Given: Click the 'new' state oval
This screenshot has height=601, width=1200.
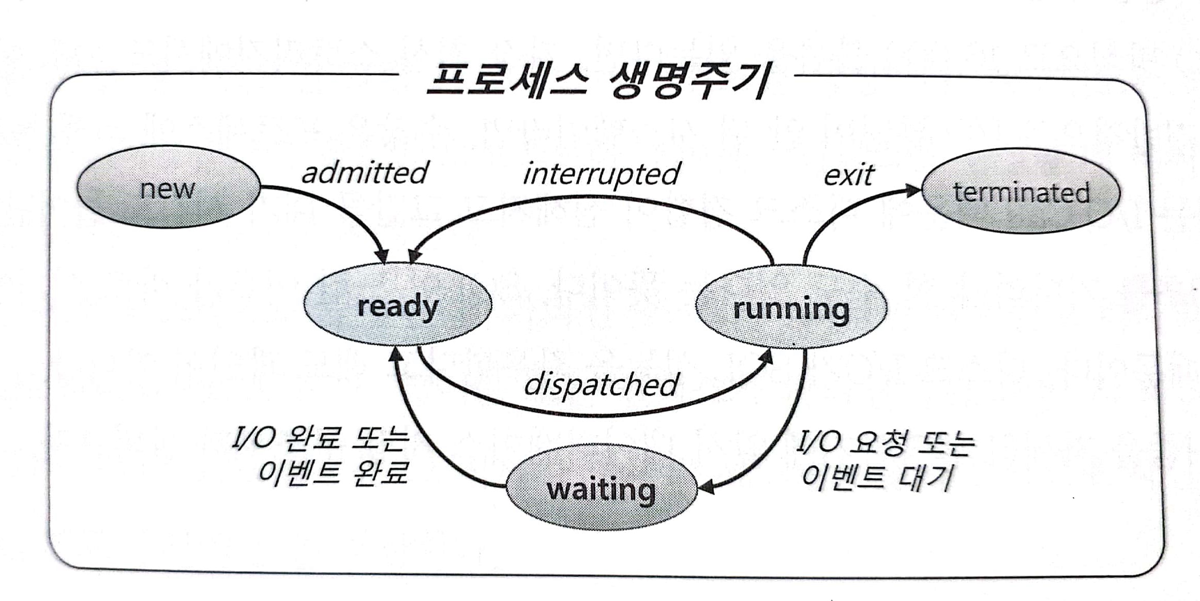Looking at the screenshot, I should point(168,187).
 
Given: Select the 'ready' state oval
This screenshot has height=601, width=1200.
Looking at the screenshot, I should point(397,305).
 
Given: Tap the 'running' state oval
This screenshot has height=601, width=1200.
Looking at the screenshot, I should point(791,308).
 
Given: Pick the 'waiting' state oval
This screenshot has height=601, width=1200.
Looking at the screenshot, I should point(601,488).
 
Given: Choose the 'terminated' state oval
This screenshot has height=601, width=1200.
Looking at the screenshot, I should point(1021,192).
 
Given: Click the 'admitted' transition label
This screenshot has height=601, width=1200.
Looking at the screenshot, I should point(365,173).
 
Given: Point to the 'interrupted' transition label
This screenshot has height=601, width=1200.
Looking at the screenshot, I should point(601,174).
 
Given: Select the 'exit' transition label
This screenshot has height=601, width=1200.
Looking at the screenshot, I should point(848,175).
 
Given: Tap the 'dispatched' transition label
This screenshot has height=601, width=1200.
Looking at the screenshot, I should point(601,384).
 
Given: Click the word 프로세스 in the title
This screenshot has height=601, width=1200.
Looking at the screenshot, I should point(507,81).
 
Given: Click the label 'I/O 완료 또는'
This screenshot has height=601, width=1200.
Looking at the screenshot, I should point(321,438).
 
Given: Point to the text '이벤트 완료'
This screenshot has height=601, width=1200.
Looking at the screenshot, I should point(334,471).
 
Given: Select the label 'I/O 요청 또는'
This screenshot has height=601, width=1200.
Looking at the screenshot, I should point(884,442).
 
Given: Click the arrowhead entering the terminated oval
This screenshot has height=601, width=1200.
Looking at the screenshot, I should point(913,190).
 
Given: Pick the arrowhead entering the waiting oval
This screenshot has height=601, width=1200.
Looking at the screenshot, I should point(706,487).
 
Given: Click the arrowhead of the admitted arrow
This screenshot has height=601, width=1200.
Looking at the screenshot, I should point(383,256).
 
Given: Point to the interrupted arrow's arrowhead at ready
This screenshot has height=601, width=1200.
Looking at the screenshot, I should point(414,256).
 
